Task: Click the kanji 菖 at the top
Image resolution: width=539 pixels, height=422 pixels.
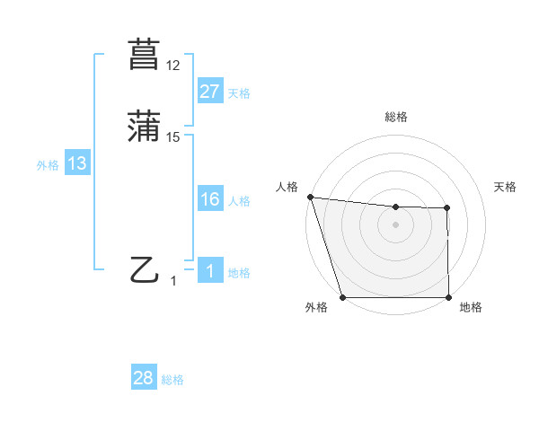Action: coord(144,55)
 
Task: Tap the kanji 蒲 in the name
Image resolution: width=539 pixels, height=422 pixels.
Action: coord(144,127)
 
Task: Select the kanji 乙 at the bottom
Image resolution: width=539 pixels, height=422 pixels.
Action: coord(144,269)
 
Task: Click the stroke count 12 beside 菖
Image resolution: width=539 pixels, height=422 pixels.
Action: coord(172,66)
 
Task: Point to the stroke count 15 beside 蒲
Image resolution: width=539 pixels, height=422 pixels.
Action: coord(172,137)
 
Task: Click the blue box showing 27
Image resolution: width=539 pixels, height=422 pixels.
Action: coord(209,92)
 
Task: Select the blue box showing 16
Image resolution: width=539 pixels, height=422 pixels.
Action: coord(209,199)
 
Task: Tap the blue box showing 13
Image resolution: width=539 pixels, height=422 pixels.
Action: coord(77,163)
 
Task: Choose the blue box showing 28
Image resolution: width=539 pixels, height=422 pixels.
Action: coord(144,379)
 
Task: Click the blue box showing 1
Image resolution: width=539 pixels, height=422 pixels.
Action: coord(209,271)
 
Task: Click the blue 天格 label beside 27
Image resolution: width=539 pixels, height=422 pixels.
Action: coord(239,93)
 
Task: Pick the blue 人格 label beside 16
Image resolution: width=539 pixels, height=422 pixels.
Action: coord(239,201)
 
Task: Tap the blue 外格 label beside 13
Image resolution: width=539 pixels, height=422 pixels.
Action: coord(48,165)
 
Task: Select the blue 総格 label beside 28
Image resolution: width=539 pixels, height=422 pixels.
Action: coord(173,381)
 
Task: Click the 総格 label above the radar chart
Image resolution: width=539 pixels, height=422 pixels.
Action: coord(395,117)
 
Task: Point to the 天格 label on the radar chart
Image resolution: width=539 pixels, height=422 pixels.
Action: coord(506,187)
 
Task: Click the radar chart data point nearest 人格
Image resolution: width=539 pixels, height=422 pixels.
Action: coord(310,197)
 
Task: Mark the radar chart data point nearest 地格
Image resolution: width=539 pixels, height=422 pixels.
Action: coord(448,297)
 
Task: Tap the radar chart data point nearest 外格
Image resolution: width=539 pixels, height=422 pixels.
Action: coord(342,297)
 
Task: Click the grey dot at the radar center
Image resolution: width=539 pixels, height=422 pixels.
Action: coord(395,224)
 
